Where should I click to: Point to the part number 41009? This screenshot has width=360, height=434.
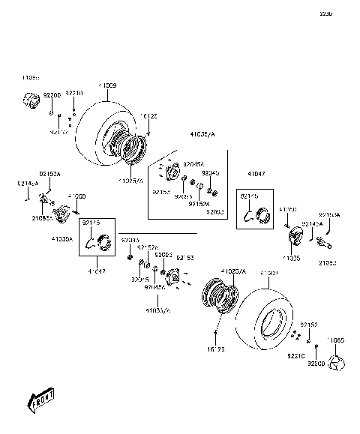point(107,86)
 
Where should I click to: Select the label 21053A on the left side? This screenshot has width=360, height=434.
point(41,218)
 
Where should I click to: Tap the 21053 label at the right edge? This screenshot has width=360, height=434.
point(328,262)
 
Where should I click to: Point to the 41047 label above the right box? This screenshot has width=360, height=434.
point(257,173)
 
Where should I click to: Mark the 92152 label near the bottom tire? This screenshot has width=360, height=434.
point(310,324)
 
